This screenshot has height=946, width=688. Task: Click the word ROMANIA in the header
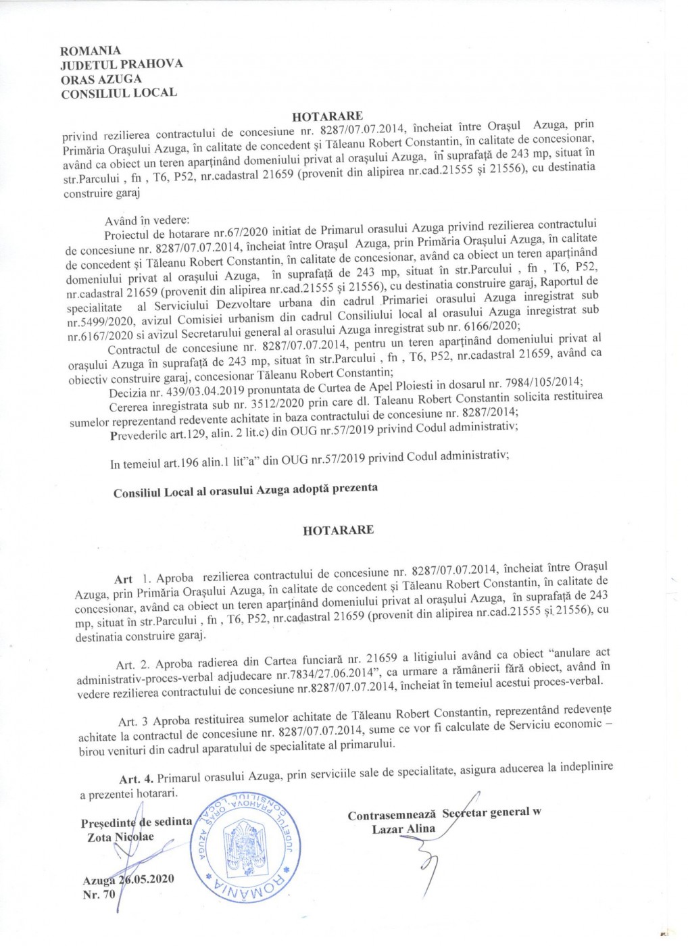pyautogui.click(x=91, y=51)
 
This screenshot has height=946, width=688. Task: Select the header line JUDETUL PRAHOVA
pyautogui.click(x=122, y=64)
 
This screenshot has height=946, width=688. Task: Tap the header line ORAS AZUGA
pyautogui.click(x=101, y=78)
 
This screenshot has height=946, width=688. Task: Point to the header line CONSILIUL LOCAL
pyautogui.click(x=119, y=93)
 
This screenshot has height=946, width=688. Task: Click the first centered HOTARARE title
pyautogui.click(x=328, y=116)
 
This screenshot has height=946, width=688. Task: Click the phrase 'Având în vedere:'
pyautogui.click(x=147, y=221)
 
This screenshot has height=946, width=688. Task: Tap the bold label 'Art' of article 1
pyautogui.click(x=124, y=579)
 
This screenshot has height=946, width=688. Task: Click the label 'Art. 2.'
pyautogui.click(x=133, y=665)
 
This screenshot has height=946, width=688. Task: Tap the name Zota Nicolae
pyautogui.click(x=120, y=837)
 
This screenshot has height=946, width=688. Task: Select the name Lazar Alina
pyautogui.click(x=403, y=829)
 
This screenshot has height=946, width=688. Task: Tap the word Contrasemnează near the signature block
pyautogui.click(x=392, y=816)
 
